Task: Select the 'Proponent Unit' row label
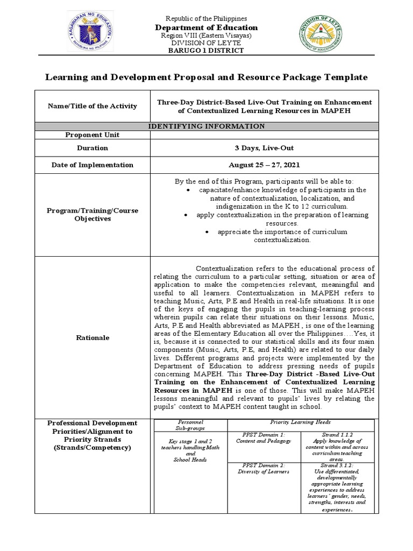pos(92,135)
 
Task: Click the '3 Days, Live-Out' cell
pos(263,147)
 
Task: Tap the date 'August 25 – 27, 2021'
pos(263,165)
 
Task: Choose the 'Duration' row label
pos(92,147)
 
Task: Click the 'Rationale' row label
pos(92,337)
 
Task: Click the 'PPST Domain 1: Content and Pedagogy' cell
pos(263,437)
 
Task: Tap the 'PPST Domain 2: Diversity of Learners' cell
pos(263,468)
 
